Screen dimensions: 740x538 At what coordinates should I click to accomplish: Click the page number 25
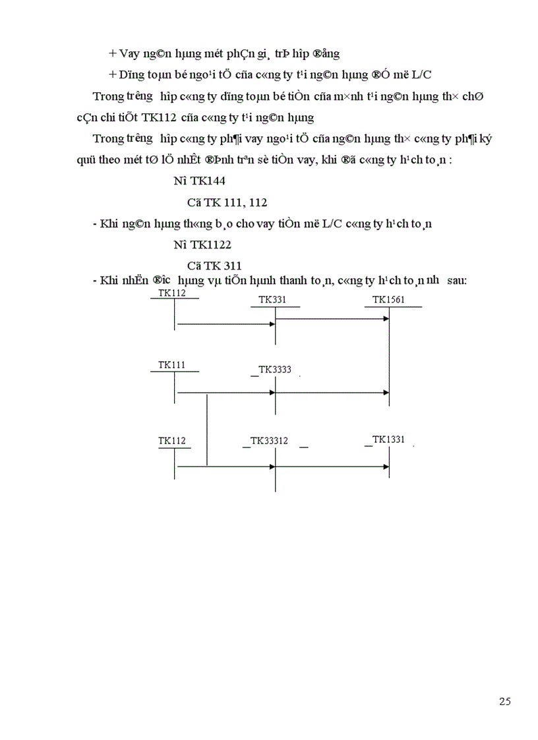(x=505, y=701)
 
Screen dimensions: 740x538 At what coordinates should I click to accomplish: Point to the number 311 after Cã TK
(x=232, y=266)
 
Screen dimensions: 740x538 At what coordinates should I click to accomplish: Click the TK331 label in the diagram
(x=272, y=300)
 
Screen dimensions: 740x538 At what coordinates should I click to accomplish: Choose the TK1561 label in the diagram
(x=388, y=300)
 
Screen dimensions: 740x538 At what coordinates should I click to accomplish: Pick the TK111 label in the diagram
(x=171, y=364)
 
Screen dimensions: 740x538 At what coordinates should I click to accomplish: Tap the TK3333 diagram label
(x=275, y=370)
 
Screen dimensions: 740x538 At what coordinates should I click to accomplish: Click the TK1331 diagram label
(x=388, y=440)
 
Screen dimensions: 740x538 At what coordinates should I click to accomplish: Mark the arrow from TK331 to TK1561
(x=332, y=319)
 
